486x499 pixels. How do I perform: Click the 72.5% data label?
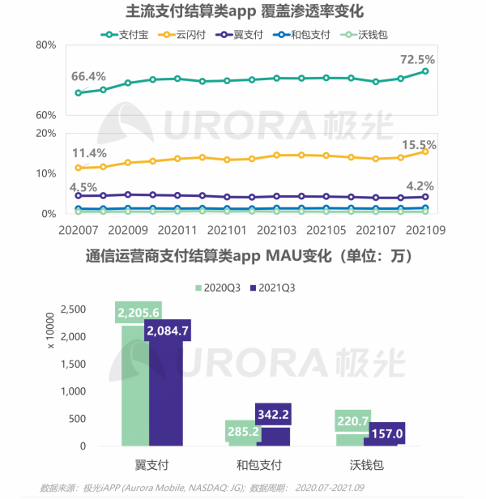(x=418, y=59)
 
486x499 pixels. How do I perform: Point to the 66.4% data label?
(x=88, y=76)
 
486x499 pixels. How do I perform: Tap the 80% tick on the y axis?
(x=45, y=46)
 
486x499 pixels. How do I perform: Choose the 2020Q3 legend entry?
(x=221, y=288)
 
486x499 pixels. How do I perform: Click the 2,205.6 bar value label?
(x=138, y=312)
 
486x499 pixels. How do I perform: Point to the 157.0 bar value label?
(x=386, y=433)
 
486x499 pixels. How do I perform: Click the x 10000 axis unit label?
(x=50, y=331)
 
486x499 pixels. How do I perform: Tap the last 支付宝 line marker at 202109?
(x=425, y=72)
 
